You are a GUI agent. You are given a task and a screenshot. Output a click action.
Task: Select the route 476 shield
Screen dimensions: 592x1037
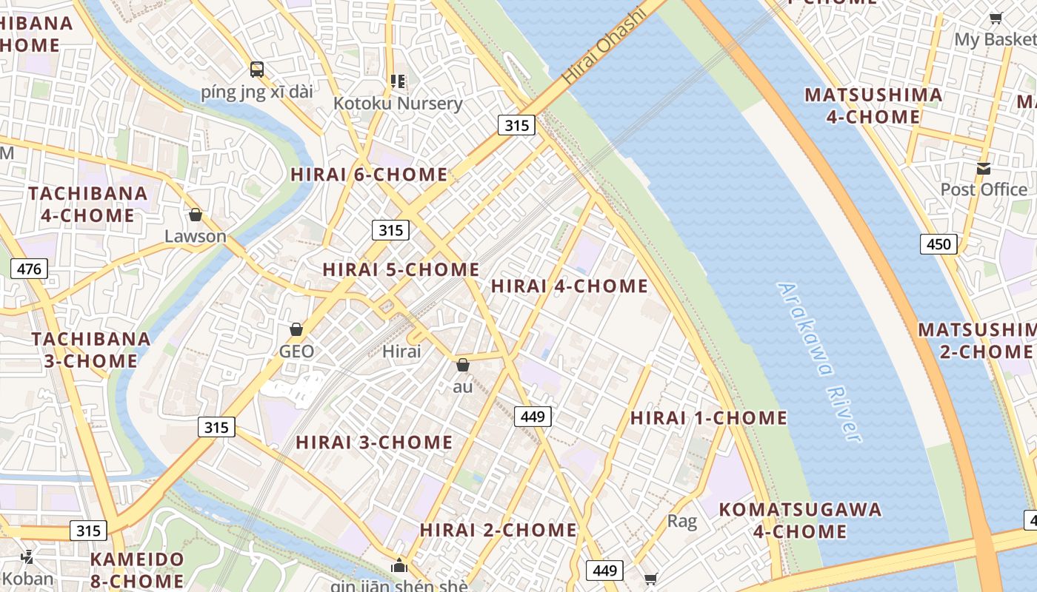(x=29, y=269)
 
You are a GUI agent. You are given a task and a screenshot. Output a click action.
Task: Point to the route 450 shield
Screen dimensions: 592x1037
(x=938, y=243)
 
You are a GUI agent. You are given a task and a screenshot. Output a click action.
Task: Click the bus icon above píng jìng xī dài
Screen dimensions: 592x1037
(x=257, y=70)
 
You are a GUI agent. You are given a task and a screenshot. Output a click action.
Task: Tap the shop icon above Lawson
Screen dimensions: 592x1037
(x=196, y=215)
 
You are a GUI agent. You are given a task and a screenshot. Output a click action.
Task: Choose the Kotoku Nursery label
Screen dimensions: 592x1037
(x=398, y=103)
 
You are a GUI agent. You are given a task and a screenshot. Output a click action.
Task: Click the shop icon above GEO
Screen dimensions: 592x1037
(x=296, y=329)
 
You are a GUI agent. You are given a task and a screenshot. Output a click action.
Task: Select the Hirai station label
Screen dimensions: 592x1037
(x=401, y=351)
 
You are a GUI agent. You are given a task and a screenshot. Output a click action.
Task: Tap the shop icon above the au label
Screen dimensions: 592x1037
(x=463, y=365)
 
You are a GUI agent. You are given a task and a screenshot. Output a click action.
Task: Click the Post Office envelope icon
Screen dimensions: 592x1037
(x=984, y=169)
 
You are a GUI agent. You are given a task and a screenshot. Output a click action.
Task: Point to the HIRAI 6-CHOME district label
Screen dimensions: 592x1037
(x=369, y=175)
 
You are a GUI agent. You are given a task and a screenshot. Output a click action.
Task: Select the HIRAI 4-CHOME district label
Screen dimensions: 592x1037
(x=570, y=286)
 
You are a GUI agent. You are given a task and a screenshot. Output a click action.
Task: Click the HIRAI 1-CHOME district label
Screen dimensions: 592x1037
(x=709, y=418)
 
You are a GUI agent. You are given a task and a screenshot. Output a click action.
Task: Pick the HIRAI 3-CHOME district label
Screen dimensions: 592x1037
(x=374, y=443)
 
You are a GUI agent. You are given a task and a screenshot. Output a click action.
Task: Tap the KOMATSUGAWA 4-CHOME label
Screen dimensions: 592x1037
(x=801, y=520)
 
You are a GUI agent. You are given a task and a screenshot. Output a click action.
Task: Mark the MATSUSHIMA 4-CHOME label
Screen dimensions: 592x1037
(x=873, y=106)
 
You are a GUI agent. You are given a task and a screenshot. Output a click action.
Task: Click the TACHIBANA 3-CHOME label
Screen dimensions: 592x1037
(x=90, y=350)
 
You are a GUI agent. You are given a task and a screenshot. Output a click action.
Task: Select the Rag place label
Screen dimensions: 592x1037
(x=682, y=522)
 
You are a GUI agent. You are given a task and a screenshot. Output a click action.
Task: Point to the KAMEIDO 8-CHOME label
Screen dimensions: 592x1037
(x=137, y=570)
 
